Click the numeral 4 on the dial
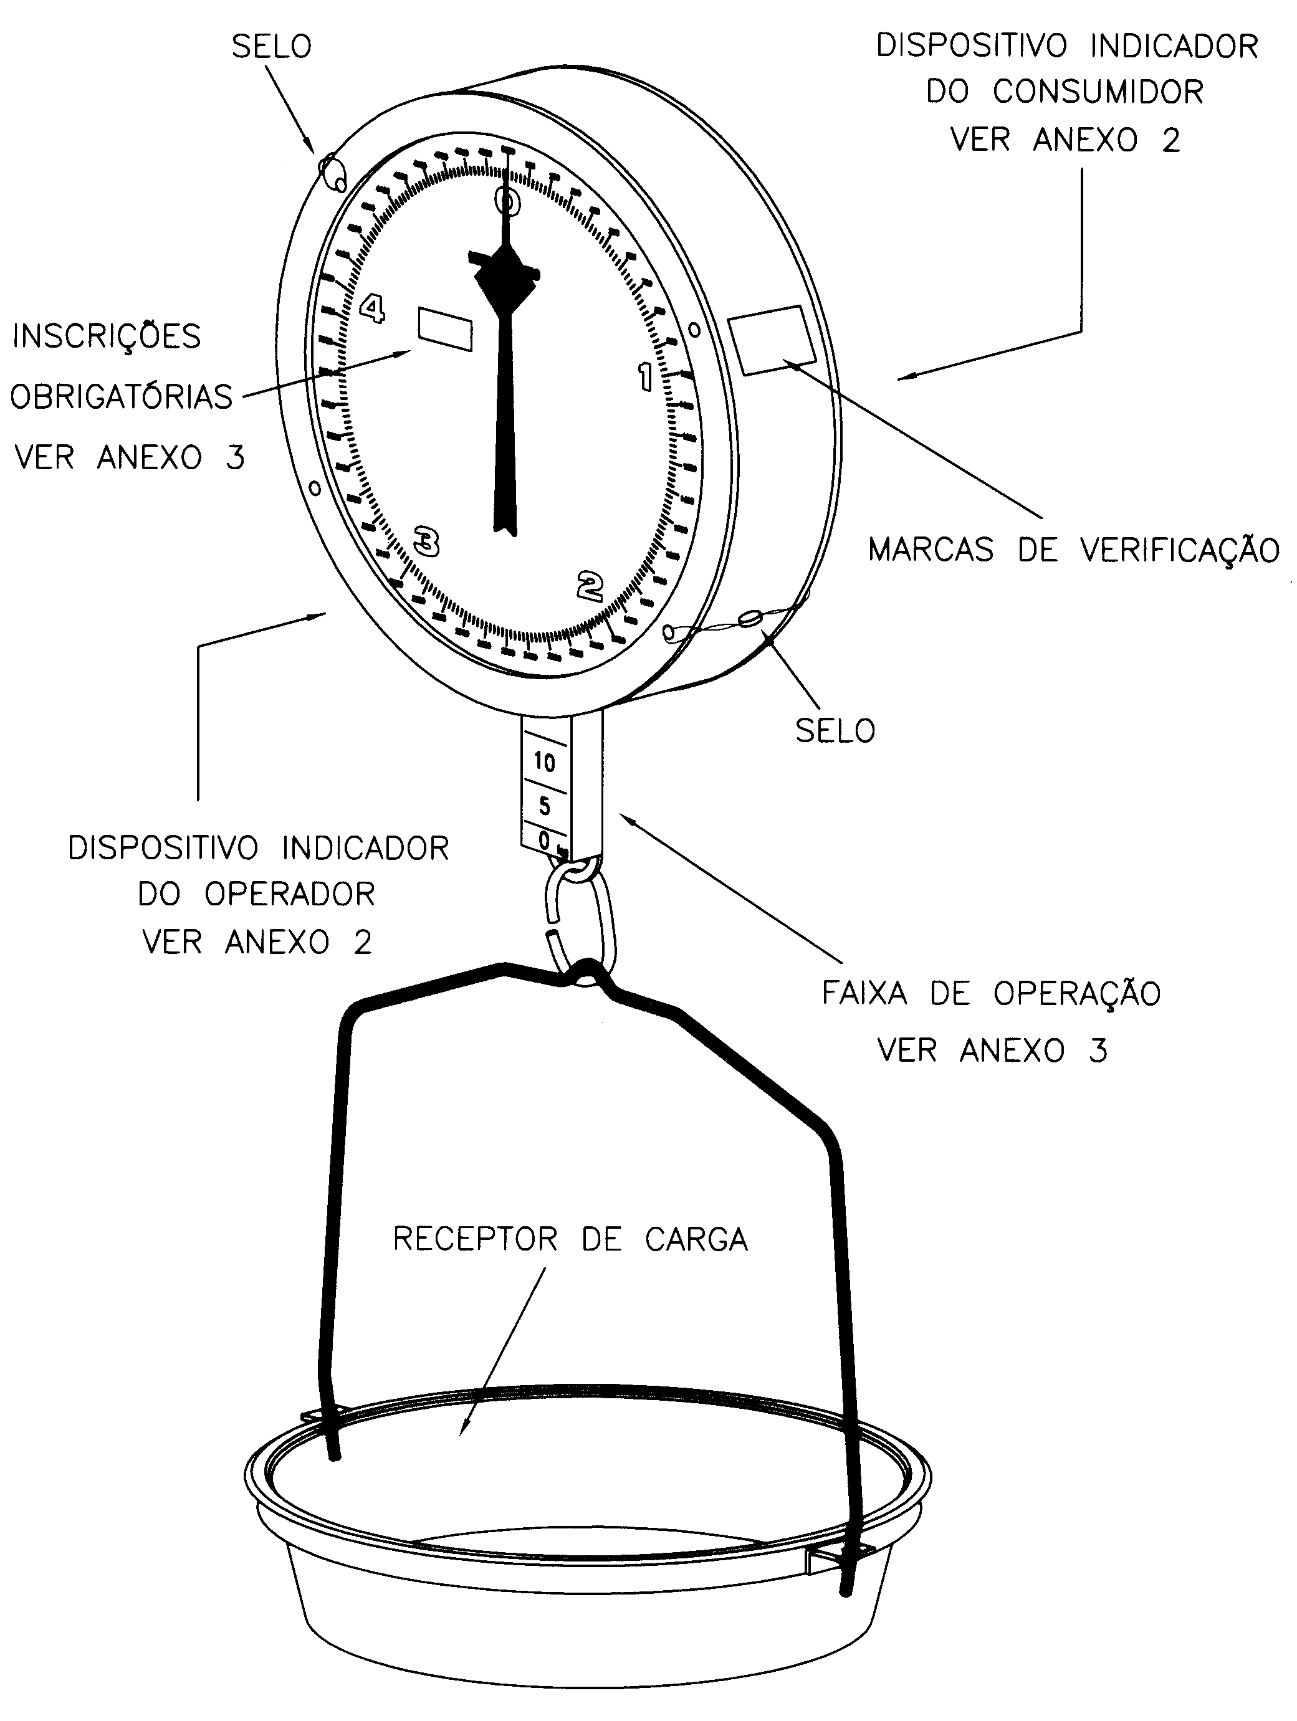[x=373, y=309]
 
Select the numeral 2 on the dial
[x=590, y=586]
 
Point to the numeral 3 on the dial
[x=426, y=541]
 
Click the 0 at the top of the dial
[x=507, y=200]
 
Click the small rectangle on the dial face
[x=445, y=329]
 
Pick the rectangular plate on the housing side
[x=772, y=340]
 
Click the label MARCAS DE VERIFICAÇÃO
[x=1074, y=550]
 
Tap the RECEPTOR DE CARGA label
[x=570, y=1239]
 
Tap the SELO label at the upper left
[x=272, y=47]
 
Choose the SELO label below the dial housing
[x=835, y=730]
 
